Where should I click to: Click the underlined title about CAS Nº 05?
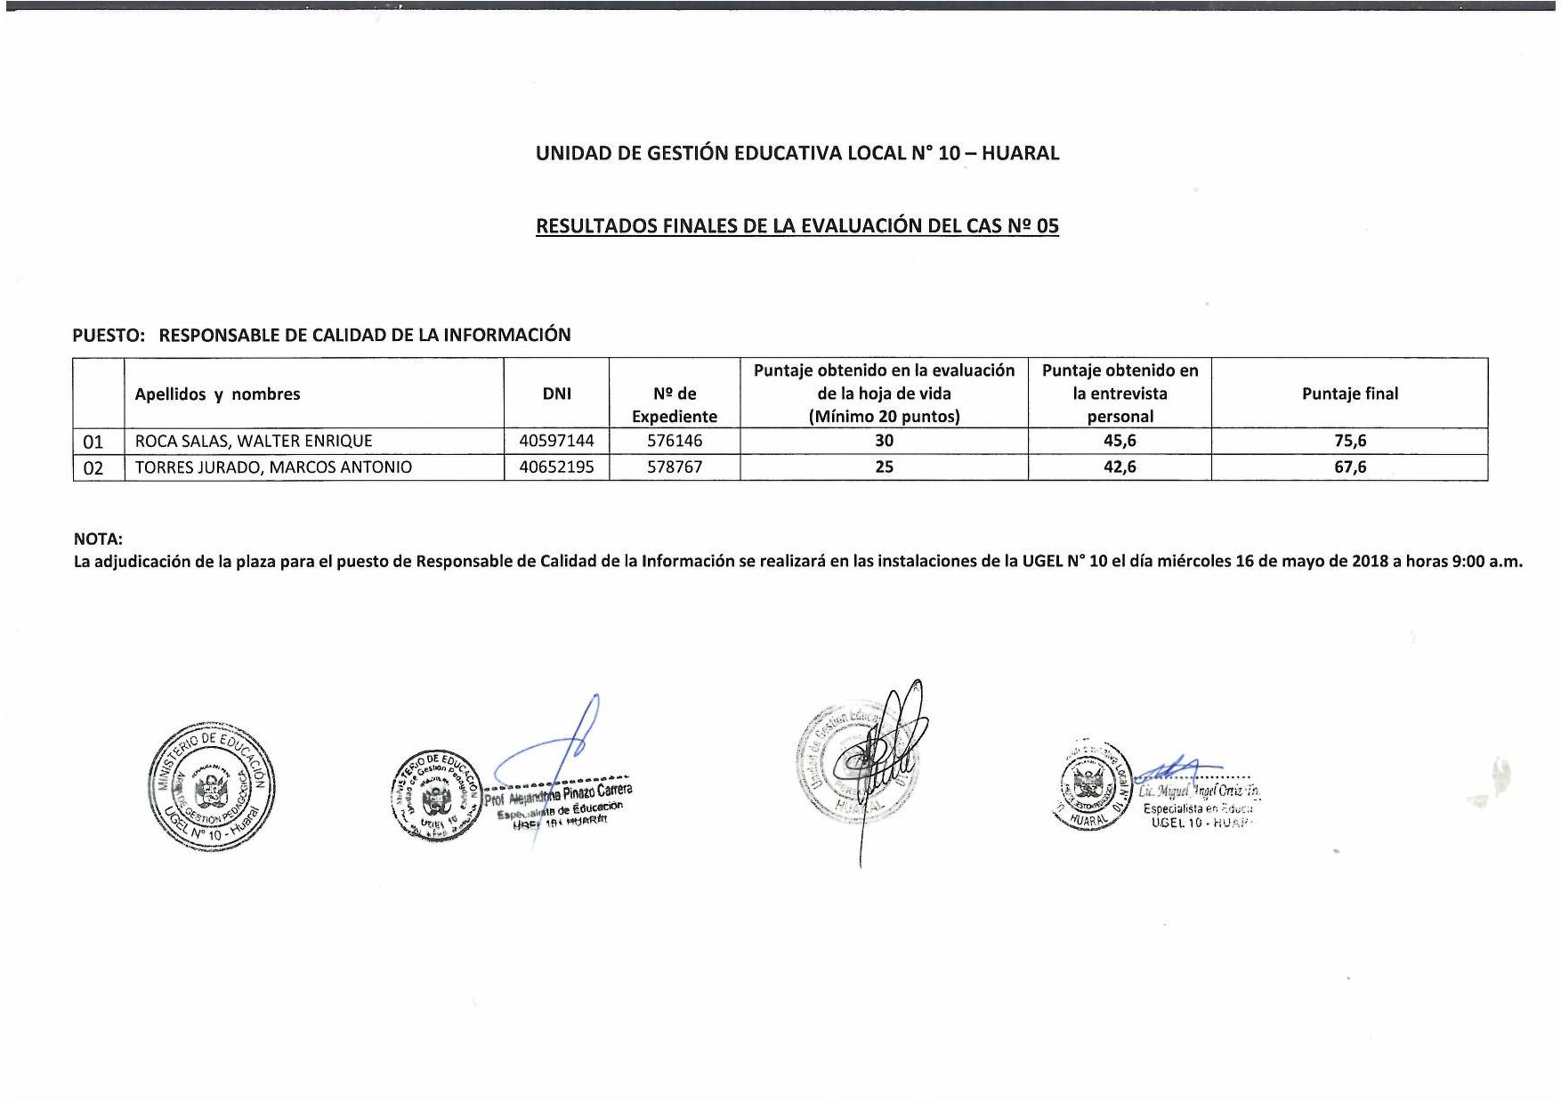click(797, 226)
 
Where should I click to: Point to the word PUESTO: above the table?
click(108, 336)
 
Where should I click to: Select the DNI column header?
click(556, 394)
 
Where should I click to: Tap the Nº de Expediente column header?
click(674, 405)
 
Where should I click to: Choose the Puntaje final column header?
click(1349, 394)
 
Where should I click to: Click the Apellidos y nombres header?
click(217, 394)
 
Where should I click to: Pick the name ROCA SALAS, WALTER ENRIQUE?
click(254, 441)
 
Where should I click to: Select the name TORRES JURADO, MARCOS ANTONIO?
click(273, 467)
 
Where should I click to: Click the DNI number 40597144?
click(556, 441)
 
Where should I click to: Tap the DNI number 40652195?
click(556, 467)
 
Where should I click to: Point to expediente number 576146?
click(674, 441)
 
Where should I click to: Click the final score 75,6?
click(1349, 441)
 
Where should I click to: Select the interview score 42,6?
click(1119, 467)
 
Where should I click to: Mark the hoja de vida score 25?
click(884, 467)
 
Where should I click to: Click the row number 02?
click(93, 468)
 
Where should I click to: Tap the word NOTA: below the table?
click(98, 539)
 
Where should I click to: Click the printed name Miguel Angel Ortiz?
click(1200, 791)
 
